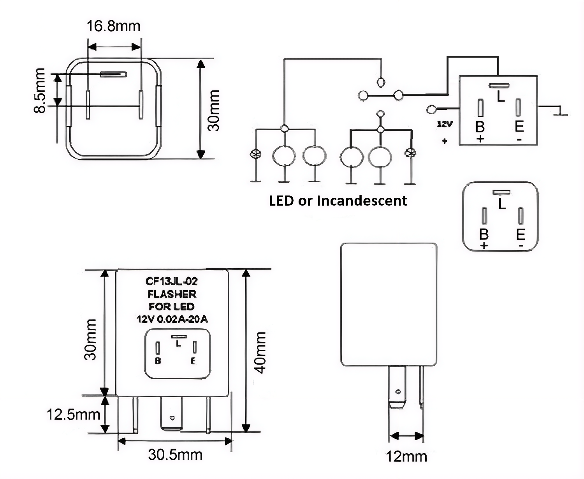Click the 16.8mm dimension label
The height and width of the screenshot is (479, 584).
pos(113,26)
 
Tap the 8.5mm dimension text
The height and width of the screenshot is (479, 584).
pos(40,90)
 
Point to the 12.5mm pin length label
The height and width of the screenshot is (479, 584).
pos(73,414)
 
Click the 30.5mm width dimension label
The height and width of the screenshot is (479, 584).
pos(175,454)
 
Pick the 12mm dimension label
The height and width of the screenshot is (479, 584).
pos(406,456)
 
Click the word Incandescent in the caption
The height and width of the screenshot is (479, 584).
pos(362,201)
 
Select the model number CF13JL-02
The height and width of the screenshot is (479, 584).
pos(171,281)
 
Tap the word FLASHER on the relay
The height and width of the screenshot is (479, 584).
pos(172,294)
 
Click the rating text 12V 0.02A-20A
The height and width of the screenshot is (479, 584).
pos(172,320)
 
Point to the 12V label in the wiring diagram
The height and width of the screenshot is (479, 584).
pos(445,124)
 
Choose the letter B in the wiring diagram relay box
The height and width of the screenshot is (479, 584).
pos(480,127)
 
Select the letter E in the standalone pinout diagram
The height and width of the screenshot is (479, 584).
pos(521,234)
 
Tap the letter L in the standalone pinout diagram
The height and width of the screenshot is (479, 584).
pos(502,204)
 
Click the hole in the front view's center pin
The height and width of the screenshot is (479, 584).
pos(172,418)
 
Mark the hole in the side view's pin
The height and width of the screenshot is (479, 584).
pos(397,392)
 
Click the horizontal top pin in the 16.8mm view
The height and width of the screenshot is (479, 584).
pos(114,74)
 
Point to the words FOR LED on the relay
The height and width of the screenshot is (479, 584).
pos(172,306)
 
